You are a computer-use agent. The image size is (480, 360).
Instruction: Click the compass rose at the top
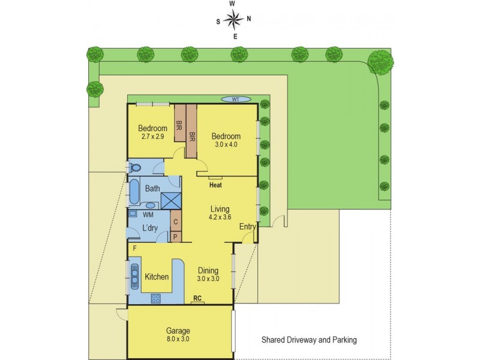[233, 20]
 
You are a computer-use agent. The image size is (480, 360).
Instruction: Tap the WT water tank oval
[236, 99]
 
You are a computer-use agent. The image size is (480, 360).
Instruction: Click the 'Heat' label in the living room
[216, 185]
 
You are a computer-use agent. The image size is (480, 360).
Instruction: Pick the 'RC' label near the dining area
[197, 298]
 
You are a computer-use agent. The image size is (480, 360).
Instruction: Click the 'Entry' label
[247, 227]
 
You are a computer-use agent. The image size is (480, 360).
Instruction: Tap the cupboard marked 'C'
[176, 221]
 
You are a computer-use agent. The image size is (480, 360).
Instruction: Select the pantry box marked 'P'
[176, 236]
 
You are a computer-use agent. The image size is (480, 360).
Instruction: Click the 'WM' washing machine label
[148, 214]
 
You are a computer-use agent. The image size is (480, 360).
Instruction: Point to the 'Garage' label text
[178, 331]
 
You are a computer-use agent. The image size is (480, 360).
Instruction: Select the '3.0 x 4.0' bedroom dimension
[226, 145]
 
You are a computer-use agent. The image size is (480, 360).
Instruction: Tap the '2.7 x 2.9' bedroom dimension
[153, 137]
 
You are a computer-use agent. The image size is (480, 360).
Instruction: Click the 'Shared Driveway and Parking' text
[309, 340]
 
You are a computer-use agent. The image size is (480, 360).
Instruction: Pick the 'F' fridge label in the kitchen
[135, 248]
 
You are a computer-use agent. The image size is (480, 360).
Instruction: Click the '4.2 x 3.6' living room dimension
[220, 217]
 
